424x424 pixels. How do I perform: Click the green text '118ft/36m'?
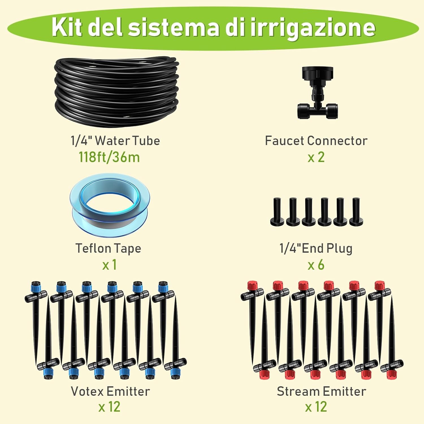[109, 157]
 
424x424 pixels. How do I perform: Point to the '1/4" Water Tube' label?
[115, 140]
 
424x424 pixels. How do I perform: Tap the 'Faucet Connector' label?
[316, 140]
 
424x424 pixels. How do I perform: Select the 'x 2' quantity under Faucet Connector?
[316, 157]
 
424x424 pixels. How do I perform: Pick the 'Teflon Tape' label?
[108, 248]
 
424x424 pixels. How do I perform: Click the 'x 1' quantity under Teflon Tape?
[109, 265]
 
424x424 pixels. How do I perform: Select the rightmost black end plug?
[356, 212]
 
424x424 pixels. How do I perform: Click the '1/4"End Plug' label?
[316, 248]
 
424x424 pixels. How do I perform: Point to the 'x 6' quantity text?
[316, 265]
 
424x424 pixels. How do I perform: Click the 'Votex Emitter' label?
[110, 391]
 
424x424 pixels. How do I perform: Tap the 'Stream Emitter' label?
[321, 391]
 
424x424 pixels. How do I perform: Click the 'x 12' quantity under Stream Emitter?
[316, 407]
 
